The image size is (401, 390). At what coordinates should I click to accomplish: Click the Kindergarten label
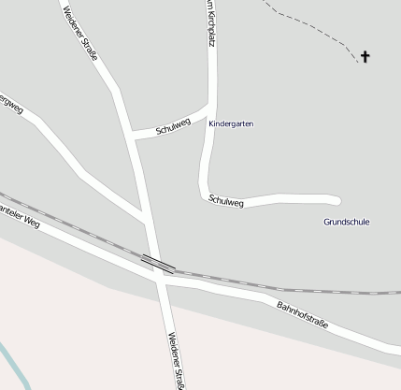tap(231, 123)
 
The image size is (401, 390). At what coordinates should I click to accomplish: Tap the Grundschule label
tap(346, 222)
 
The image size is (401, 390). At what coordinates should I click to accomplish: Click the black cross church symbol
tap(365, 57)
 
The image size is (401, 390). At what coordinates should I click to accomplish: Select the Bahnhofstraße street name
tap(303, 313)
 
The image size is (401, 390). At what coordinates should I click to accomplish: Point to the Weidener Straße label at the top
tap(80, 31)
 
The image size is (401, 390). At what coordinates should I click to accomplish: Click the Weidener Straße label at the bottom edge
tap(177, 361)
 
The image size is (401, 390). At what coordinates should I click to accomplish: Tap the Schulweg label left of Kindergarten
tap(173, 123)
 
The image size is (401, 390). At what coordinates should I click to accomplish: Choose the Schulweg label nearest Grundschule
tap(226, 200)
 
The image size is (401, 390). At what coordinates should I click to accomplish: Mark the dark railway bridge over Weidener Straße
tap(157, 263)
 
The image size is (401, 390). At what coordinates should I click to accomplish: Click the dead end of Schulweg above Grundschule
tap(336, 199)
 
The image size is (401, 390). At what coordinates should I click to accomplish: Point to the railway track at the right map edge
tap(393, 293)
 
